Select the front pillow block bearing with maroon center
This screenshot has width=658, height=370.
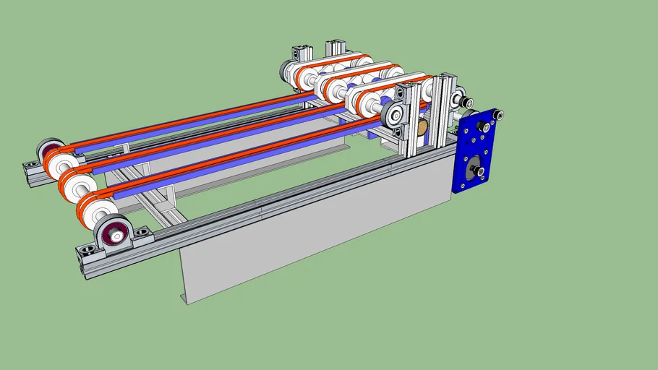pyautogui.click(x=114, y=234)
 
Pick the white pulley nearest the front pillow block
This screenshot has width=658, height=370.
pyautogui.click(x=96, y=210)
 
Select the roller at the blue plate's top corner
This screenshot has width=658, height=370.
pyautogui.click(x=497, y=114)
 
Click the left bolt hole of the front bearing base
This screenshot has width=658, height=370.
pyautogui.click(x=87, y=250)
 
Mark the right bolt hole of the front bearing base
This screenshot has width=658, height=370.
pyautogui.click(x=142, y=232)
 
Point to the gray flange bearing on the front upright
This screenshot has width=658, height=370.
pyautogui.click(x=395, y=114)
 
